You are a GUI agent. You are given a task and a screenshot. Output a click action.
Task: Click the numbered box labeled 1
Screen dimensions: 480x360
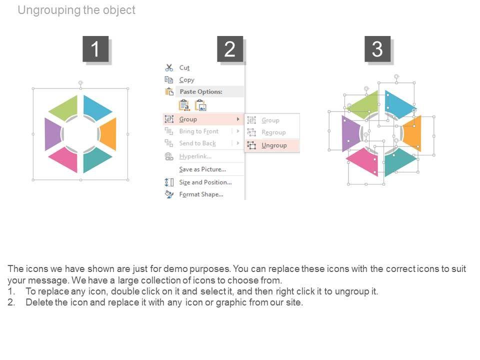95,49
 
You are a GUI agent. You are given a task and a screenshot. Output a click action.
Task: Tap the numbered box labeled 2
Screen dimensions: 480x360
230,49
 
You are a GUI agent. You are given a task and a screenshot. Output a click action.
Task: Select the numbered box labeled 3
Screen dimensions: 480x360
377,49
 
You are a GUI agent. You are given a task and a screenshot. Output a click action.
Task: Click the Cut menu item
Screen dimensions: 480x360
184,67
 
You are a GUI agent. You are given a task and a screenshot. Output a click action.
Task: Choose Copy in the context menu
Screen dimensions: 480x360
186,80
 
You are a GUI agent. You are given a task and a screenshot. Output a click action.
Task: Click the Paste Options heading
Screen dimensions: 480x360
201,91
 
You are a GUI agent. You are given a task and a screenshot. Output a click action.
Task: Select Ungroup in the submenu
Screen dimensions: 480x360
274,145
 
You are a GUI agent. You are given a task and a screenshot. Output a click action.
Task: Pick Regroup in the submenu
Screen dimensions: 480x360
273,132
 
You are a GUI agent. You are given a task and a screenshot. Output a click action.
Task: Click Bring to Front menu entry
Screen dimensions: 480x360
199,131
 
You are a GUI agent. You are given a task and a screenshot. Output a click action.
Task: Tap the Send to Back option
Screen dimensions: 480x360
197,143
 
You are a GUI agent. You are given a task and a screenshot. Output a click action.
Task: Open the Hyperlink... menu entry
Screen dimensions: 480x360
195,156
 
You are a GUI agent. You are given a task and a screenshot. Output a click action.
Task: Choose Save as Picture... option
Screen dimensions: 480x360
202,169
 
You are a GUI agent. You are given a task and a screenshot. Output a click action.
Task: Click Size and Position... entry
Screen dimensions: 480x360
205,182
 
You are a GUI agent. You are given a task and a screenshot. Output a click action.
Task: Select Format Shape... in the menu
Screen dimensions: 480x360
201,194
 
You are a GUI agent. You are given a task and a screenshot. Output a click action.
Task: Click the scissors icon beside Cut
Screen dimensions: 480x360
169,67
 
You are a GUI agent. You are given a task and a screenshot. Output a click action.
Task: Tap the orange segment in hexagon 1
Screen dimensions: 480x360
108,134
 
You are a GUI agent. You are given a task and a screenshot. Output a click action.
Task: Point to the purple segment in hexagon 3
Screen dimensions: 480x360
350,133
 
